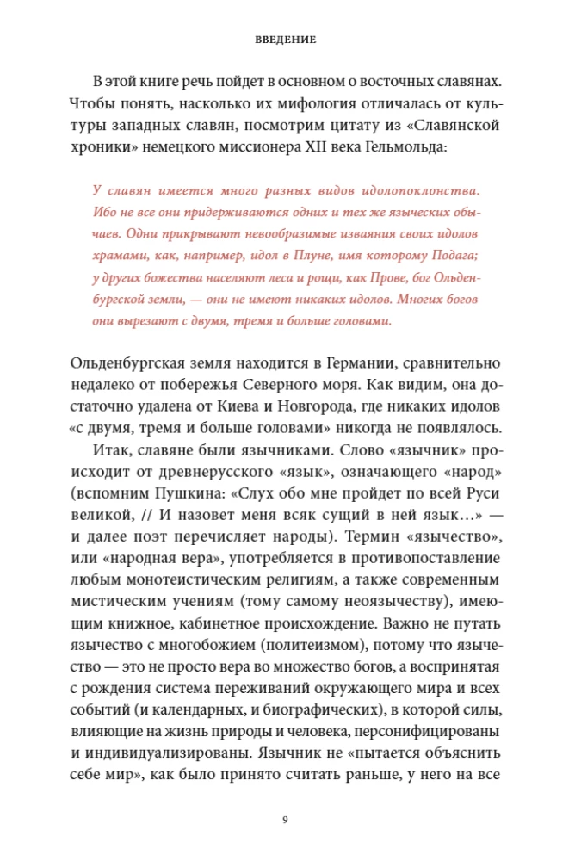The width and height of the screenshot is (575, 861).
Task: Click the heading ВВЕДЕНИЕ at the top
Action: [287, 40]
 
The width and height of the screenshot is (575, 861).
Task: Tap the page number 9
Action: [286, 819]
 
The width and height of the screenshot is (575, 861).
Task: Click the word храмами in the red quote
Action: [118, 256]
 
